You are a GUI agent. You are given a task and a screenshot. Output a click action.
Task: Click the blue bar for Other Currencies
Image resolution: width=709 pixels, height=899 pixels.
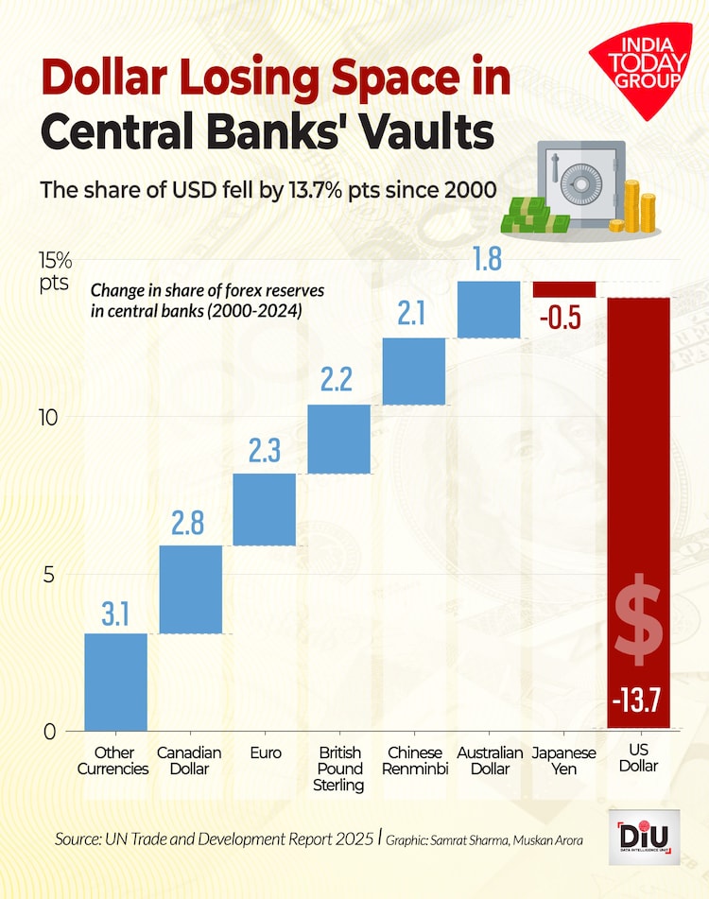click(x=115, y=681)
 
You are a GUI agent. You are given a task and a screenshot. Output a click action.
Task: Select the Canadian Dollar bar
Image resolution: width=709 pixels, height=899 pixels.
click(x=190, y=589)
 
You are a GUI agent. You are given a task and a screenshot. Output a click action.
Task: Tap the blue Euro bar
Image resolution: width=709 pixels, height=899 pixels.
click(x=265, y=510)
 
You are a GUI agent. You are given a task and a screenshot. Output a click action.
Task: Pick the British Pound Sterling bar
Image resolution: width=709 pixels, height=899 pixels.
click(x=338, y=439)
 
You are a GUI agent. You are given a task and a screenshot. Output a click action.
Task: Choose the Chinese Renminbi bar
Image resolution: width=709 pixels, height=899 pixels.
click(x=413, y=371)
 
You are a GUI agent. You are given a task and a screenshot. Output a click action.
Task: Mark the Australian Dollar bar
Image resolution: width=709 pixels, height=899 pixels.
click(x=488, y=309)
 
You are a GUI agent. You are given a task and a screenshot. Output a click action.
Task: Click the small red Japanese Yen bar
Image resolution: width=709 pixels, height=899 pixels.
click(x=564, y=289)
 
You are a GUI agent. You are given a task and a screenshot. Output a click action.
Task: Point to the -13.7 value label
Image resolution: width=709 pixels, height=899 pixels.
click(x=638, y=701)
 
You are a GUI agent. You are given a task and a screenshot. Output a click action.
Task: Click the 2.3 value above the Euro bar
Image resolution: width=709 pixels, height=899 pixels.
click(x=265, y=452)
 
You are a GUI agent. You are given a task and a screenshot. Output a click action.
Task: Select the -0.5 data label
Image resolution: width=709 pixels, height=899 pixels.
click(x=560, y=319)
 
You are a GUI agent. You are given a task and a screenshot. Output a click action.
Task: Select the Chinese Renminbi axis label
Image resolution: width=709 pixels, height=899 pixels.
click(x=413, y=760)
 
